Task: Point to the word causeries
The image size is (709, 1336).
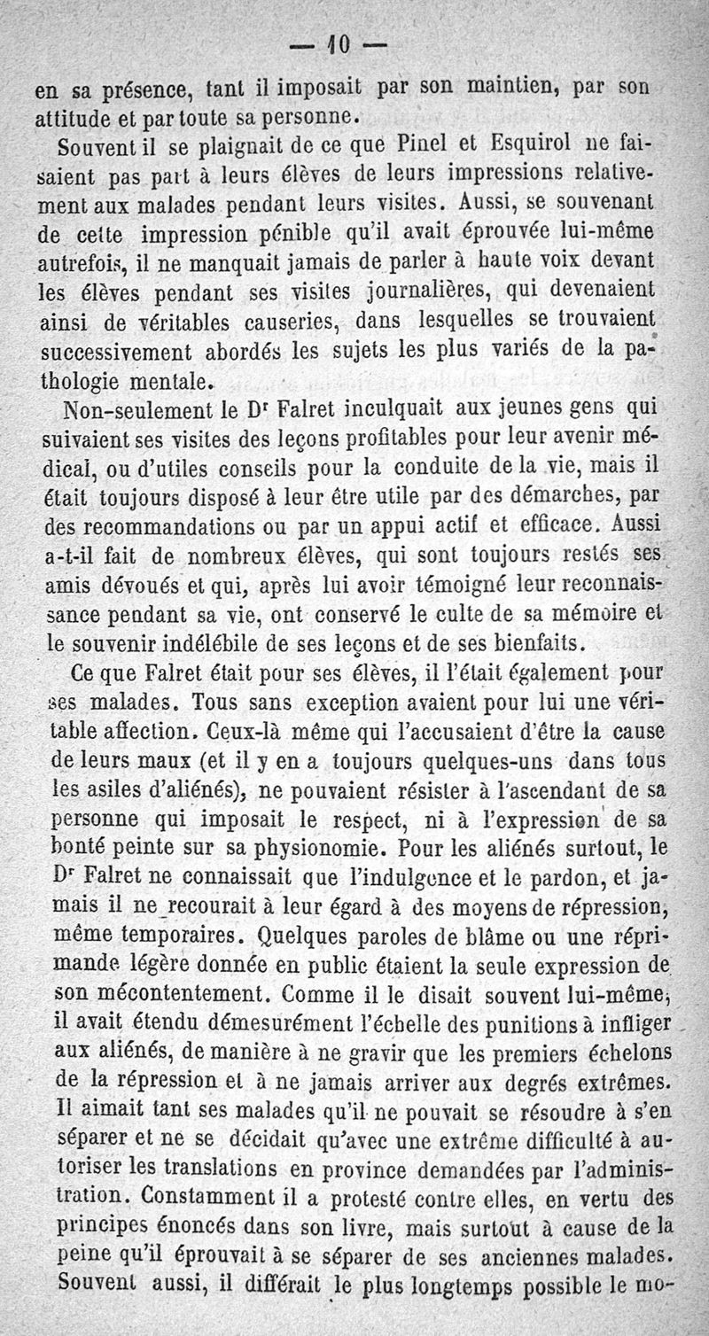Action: (287, 320)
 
